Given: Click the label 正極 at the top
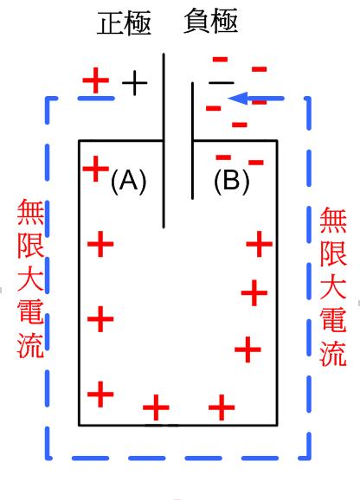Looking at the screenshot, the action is click(x=124, y=23).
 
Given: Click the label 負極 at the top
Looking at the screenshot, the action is click(x=211, y=21).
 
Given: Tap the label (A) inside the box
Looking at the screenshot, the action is click(x=128, y=181).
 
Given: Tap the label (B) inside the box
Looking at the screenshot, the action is click(x=232, y=181).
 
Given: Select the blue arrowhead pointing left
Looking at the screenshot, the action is click(x=238, y=99).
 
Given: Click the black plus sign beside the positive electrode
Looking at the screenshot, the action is click(x=134, y=83).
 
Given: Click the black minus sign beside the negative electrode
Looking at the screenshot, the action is click(x=222, y=83).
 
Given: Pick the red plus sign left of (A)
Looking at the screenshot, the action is click(x=96, y=169).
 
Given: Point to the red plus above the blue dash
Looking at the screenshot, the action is click(x=96, y=80).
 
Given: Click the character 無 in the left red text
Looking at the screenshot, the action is click(x=30, y=212).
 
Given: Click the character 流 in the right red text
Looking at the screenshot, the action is click(x=333, y=352).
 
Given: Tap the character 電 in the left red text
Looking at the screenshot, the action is click(x=30, y=311).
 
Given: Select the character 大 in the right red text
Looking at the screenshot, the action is click(x=333, y=287).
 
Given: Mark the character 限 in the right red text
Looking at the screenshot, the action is click(x=333, y=253).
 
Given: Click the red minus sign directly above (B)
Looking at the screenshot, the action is click(x=223, y=157).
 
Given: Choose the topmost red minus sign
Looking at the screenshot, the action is click(x=220, y=60).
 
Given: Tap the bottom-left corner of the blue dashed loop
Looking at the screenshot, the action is click(x=48, y=458).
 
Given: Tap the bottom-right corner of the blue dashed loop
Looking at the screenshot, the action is click(x=309, y=458).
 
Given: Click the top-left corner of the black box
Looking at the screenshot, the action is click(x=79, y=140).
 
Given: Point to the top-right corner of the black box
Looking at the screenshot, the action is click(x=277, y=140).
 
